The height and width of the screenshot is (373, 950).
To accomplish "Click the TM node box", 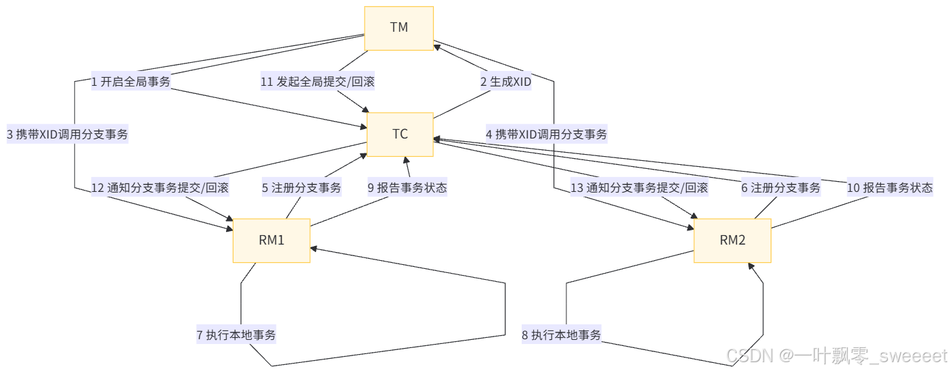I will pos(399,28).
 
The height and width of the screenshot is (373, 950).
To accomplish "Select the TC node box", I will pos(400,134).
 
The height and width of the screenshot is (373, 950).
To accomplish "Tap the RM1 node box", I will pos(271,241).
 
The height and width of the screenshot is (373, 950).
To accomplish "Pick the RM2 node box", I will pos(732,241).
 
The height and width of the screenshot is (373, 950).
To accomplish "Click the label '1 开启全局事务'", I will pos(131,82).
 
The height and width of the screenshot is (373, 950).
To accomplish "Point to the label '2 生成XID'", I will pos(505,82).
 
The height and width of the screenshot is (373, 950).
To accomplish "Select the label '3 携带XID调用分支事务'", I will pos(67,134).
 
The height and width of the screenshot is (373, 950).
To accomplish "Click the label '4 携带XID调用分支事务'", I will pos(546,134).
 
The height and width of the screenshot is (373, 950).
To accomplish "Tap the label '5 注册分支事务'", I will pos(302,188).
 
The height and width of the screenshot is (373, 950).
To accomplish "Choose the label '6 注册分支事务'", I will pos(781,188).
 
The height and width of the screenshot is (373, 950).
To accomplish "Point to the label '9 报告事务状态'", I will pos(407,188).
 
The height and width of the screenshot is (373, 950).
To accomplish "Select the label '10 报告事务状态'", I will pos(890,188).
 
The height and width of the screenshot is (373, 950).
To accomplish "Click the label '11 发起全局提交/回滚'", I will pos(317,82).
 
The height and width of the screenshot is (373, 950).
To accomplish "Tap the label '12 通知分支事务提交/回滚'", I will pos(160,188).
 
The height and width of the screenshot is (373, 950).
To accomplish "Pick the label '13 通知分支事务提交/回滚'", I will pos(639,188).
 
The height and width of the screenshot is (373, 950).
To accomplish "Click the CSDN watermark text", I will pos(836,355).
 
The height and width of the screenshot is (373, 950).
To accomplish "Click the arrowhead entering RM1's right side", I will pos(315,248).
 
